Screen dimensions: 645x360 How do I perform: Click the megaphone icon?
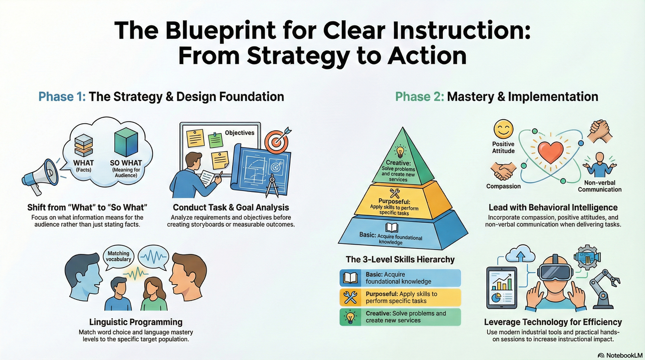pyautogui.click(x=40, y=176)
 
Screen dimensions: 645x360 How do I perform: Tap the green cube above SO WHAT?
pyautogui.click(x=126, y=142)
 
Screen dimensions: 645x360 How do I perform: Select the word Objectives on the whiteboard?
pyautogui.click(x=239, y=133)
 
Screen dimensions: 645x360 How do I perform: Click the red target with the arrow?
pyautogui.click(x=277, y=141)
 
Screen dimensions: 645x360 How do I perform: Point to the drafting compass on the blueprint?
pyautogui.click(x=272, y=186)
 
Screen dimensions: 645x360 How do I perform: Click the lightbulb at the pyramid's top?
pyautogui.click(x=400, y=151)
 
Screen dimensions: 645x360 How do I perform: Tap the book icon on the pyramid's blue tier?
pyautogui.click(x=391, y=227)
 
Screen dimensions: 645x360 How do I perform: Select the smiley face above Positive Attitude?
pyautogui.click(x=504, y=129)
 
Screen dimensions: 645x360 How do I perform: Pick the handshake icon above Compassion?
pyautogui.click(x=503, y=171)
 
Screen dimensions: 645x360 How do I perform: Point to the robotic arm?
pyautogui.click(x=603, y=289)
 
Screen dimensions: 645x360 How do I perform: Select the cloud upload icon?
pyautogui.click(x=520, y=254)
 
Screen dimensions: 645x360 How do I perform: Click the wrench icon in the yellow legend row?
pyautogui.click(x=350, y=297)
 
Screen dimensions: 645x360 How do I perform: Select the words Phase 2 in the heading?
pyautogui.click(x=420, y=96)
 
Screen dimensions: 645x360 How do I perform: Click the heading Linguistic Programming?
pyautogui.click(x=135, y=322)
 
